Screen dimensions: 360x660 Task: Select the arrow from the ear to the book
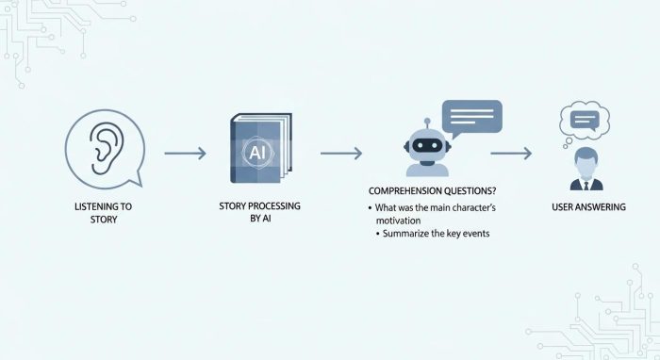point(185,151)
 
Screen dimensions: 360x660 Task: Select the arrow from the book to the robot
point(340,151)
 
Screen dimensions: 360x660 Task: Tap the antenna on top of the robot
point(426,123)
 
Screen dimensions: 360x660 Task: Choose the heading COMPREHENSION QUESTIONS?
point(431,190)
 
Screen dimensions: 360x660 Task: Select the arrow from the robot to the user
point(511,151)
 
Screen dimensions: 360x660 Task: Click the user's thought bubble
point(585,120)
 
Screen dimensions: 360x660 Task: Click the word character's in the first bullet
point(476,206)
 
